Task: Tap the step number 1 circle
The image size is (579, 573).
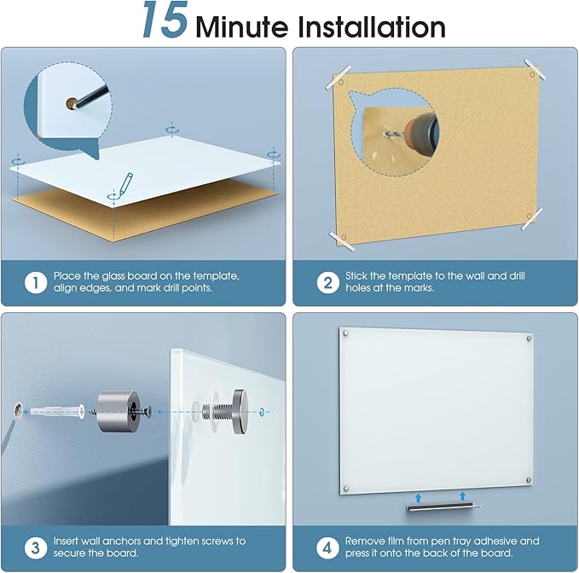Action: [x=35, y=282]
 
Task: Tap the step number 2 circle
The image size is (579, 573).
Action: [x=328, y=282]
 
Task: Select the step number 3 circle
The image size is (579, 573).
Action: [x=35, y=547]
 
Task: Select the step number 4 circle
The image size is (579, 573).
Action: [x=328, y=547]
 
